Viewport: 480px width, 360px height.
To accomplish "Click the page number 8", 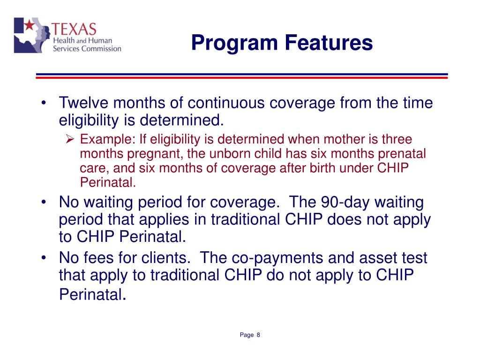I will pos(258,335).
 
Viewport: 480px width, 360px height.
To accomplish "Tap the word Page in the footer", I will pos(247,335).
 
